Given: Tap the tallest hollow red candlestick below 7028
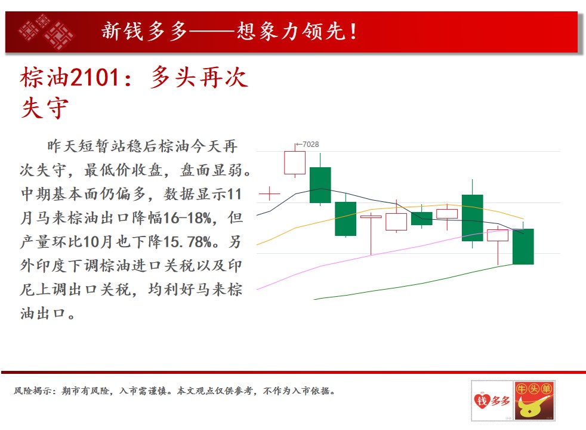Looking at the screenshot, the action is (x=295, y=162).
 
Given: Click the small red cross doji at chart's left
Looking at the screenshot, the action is (x=269, y=193).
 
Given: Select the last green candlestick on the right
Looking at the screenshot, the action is (x=523, y=247).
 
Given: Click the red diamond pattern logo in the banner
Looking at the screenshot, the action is (x=47, y=32).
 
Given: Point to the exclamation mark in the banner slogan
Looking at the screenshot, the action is (x=353, y=32).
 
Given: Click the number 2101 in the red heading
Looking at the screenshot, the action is (x=94, y=78).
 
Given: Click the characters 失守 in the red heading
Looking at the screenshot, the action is (x=45, y=109).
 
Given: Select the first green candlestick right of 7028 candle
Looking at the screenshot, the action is (x=320, y=185).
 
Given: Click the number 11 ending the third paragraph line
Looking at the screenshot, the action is (x=235, y=194).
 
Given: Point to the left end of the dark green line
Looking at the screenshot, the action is (x=314, y=299).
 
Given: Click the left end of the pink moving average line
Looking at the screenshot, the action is (x=257, y=290).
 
